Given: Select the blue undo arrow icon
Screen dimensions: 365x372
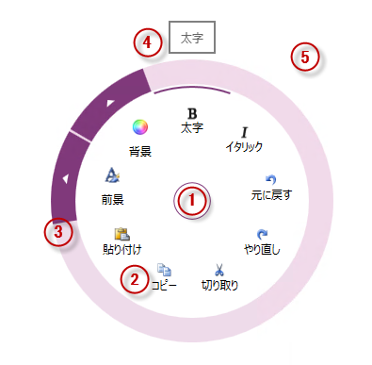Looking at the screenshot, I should pyautogui.click(x=271, y=180).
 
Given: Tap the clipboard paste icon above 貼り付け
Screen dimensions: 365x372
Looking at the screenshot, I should pyautogui.click(x=121, y=233).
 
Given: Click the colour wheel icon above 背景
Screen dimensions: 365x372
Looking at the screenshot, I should pyautogui.click(x=140, y=127).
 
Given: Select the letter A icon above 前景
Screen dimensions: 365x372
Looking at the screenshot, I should pyautogui.click(x=112, y=175).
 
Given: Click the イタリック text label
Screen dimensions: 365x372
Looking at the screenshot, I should pyautogui.click(x=244, y=147).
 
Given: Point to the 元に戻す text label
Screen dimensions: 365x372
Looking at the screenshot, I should pyautogui.click(x=271, y=197).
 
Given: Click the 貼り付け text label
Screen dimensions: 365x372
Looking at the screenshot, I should pyautogui.click(x=121, y=250).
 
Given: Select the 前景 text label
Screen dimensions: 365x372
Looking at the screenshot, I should pyautogui.click(x=113, y=199).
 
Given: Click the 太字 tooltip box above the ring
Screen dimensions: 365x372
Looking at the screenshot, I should pyautogui.click(x=192, y=39).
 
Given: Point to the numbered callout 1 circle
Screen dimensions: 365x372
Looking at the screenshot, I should pyautogui.click(x=192, y=201).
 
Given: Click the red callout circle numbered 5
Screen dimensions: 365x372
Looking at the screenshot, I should pyautogui.click(x=303, y=58).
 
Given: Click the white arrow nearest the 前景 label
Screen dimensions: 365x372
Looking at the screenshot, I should pyautogui.click(x=64, y=177).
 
